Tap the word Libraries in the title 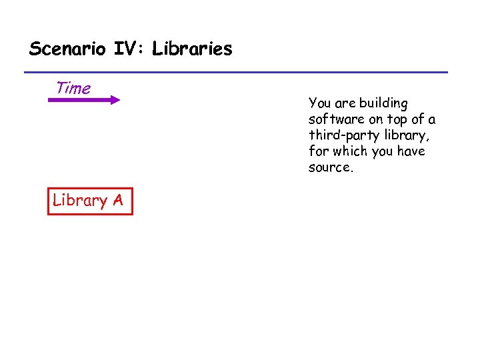click(192, 49)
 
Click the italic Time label click(73, 88)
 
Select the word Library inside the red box click(80, 201)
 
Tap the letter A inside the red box click(117, 201)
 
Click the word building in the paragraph click(383, 103)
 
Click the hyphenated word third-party click(341, 135)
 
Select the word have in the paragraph click(413, 151)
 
